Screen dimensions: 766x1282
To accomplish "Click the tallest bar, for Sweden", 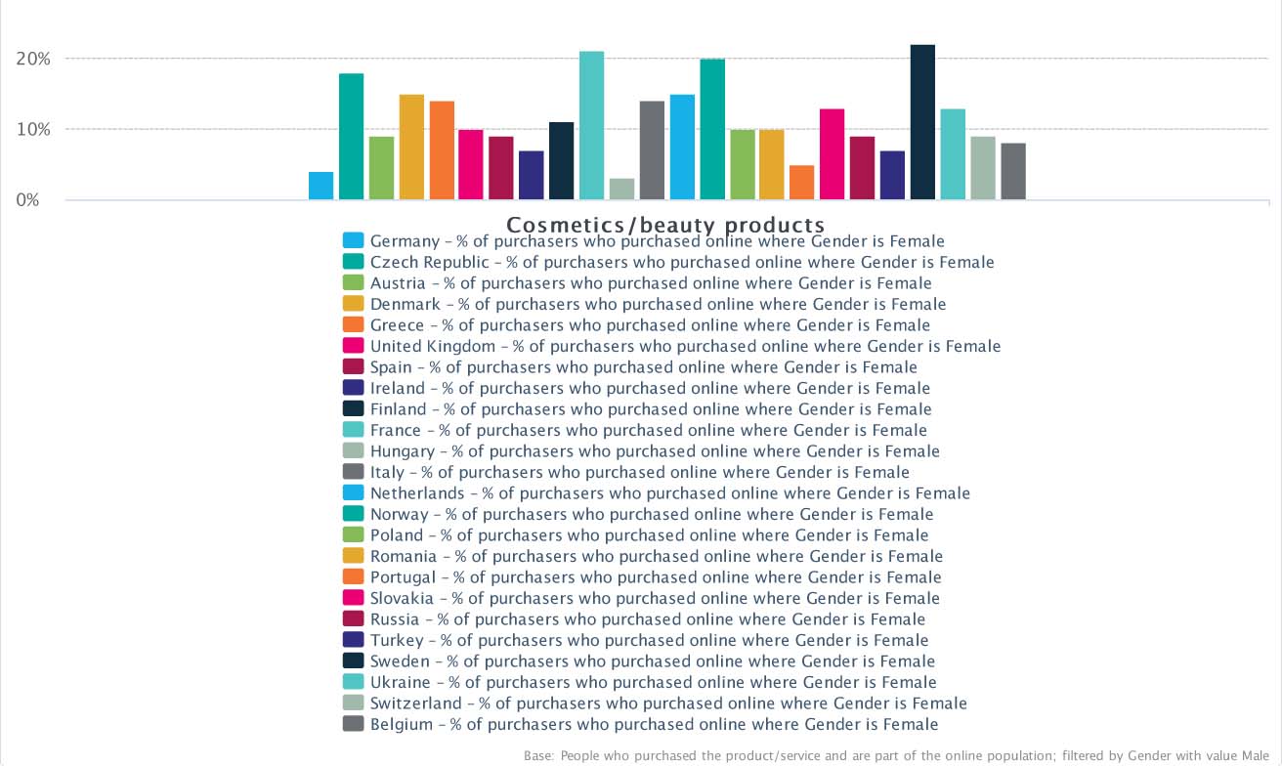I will click(922, 122).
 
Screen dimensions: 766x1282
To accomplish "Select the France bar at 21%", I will click(591, 126).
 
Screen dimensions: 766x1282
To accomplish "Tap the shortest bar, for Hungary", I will click(621, 190).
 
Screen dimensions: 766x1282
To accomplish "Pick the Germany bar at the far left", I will click(320, 186).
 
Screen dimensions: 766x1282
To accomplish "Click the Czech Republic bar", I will click(351, 137).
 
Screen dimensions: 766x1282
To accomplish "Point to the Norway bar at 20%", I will click(712, 130).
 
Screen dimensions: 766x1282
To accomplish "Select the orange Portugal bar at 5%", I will click(801, 183).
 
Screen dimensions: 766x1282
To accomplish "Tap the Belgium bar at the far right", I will click(1012, 172).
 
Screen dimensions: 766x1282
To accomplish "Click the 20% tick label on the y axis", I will click(33, 59).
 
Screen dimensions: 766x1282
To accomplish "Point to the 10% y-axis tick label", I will click(33, 130).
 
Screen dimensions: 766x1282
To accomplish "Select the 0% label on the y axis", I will click(26, 200).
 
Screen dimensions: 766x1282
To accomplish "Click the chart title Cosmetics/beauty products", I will click(665, 226).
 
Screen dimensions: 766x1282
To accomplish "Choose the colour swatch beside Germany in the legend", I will click(354, 240).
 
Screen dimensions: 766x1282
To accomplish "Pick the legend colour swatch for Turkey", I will click(354, 640).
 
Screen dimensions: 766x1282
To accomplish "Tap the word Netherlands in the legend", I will click(417, 493).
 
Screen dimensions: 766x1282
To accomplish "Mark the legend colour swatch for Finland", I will click(354, 408).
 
